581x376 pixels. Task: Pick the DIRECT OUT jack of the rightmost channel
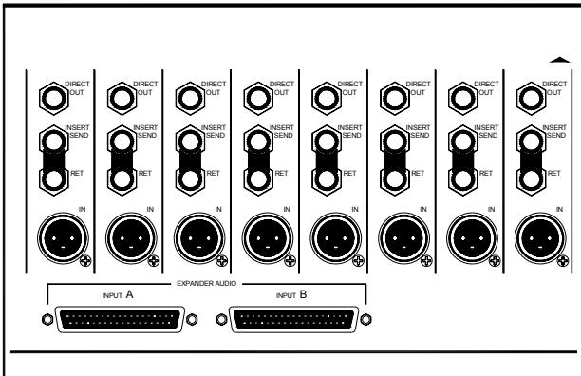pyautogui.click(x=526, y=95)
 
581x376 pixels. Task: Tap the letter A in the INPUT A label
pyautogui.click(x=130, y=295)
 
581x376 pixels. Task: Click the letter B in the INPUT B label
pyautogui.click(x=304, y=295)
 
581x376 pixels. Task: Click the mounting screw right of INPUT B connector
pyautogui.click(x=371, y=320)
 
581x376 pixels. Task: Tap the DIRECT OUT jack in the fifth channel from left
pyautogui.click(x=324, y=95)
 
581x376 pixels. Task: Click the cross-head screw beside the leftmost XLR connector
pyautogui.click(x=86, y=258)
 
